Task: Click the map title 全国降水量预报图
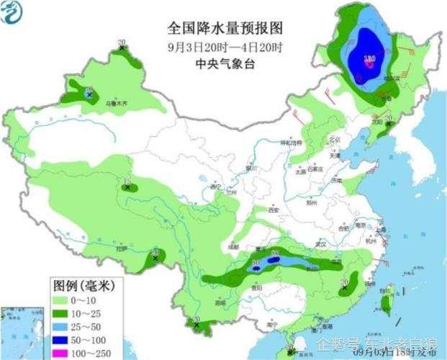tap(225, 28)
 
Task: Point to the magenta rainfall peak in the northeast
tap(369, 64)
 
